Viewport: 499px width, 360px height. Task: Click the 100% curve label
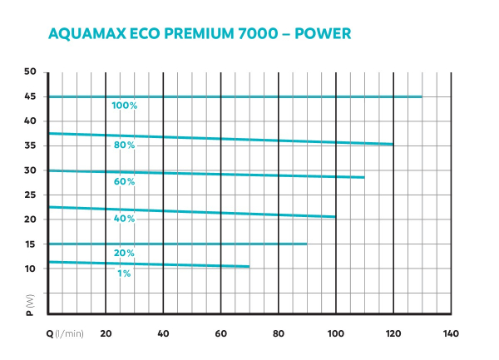pyautogui.click(x=124, y=106)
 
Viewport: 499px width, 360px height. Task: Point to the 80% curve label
pyautogui.click(x=125, y=145)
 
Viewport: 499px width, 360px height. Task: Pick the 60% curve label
pyautogui.click(x=125, y=181)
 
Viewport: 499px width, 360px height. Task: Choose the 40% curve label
pyautogui.click(x=125, y=218)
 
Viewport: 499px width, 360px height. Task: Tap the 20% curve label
pyautogui.click(x=125, y=253)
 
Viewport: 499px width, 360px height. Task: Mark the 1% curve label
pyautogui.click(x=123, y=273)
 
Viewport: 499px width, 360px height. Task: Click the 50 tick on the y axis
pyautogui.click(x=30, y=72)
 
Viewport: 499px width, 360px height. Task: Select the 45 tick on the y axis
pyautogui.click(x=30, y=96)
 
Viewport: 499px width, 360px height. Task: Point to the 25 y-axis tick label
pyautogui.click(x=30, y=195)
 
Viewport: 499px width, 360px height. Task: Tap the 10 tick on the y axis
pyautogui.click(x=30, y=269)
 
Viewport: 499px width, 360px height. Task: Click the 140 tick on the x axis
pyautogui.click(x=451, y=333)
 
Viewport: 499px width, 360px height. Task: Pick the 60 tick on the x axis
pyautogui.click(x=220, y=333)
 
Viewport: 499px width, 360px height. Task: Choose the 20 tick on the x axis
pyautogui.click(x=106, y=333)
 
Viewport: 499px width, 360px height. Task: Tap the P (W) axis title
pyautogui.click(x=30, y=305)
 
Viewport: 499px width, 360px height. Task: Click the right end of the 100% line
pyautogui.click(x=422, y=97)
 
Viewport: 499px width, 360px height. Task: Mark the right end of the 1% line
pyautogui.click(x=249, y=267)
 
